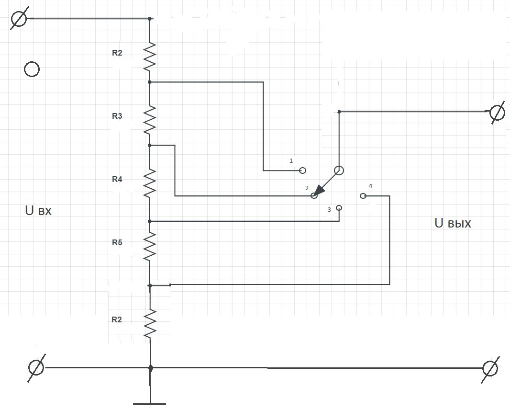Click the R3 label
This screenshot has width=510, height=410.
pos(117,116)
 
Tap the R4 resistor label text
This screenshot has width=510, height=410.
pos(117,179)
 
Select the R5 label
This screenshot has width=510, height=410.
pos(117,242)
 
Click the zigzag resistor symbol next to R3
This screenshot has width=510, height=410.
pos(150,120)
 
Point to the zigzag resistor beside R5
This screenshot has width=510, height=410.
pos(150,246)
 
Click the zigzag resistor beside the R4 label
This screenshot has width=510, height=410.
pos(150,183)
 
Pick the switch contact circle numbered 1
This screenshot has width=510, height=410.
pos(302,170)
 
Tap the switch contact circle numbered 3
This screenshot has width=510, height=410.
pos(339,208)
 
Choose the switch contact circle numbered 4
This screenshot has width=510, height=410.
pos(362,196)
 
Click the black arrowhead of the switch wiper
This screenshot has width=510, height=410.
pos(320,191)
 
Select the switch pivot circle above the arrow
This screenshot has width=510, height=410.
pos(339,171)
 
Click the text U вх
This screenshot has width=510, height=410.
pos(38,210)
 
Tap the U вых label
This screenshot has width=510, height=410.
pos(453,223)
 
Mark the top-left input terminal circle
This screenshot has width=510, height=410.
pos(19,19)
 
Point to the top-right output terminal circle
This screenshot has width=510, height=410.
pos(497,113)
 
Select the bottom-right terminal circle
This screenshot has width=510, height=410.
pos(490,368)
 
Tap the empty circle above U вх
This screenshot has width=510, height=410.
pos(32,69)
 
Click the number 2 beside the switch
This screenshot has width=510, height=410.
pos(307,188)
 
